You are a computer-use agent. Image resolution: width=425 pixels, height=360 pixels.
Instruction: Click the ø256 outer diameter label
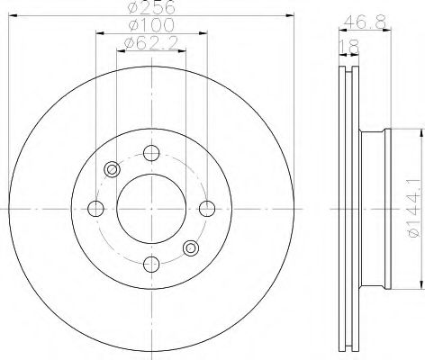click(151, 7)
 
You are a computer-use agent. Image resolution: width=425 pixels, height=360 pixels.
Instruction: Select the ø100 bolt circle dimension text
click(151, 24)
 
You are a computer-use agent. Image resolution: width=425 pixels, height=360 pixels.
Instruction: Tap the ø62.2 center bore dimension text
click(151, 43)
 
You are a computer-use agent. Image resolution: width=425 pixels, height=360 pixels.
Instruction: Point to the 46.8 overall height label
click(365, 22)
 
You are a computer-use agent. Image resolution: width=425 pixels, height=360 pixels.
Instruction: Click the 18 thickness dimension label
click(348, 47)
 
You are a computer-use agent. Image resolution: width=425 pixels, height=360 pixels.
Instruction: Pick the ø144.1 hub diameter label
click(415, 208)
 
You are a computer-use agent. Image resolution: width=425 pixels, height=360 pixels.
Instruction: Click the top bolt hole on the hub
click(151, 153)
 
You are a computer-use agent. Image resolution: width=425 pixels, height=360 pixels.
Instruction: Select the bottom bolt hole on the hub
click(151, 264)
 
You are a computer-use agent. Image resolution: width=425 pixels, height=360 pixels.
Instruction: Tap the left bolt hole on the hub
click(95, 209)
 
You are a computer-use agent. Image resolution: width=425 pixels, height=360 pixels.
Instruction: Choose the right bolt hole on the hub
click(207, 209)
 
